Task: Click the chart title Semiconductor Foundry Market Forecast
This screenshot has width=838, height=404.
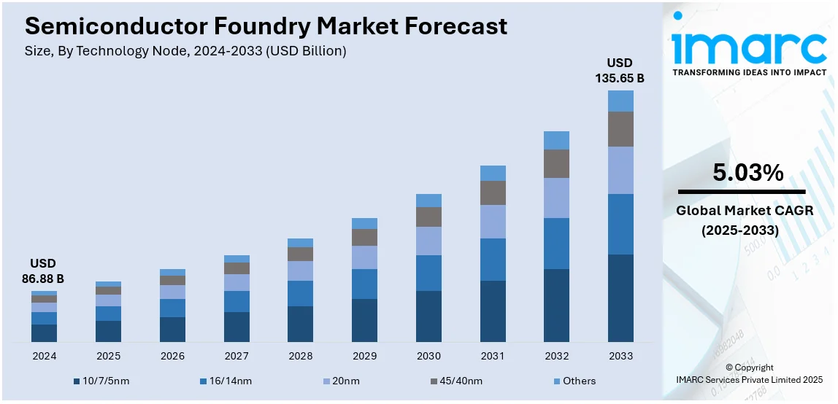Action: coord(266,26)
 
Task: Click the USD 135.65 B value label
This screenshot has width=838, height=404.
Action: coord(620,70)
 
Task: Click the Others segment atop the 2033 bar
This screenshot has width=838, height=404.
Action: coord(620,101)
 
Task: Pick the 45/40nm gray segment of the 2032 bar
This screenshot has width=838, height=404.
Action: coord(556,163)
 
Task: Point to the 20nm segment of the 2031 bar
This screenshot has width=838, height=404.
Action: coord(493,221)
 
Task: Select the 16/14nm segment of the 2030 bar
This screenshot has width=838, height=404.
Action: coord(428,273)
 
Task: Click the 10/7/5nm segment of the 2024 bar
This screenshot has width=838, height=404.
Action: coord(44,333)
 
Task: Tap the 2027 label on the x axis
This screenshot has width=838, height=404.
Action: coord(237,356)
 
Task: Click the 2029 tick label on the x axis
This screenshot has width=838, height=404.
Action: coord(364,356)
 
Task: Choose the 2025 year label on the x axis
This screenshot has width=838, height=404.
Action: coord(108,356)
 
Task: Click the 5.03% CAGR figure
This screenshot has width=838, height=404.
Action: coord(748,173)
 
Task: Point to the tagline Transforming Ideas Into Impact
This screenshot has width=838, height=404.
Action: coord(749,72)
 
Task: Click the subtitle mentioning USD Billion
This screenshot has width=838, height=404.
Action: coord(185,51)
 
